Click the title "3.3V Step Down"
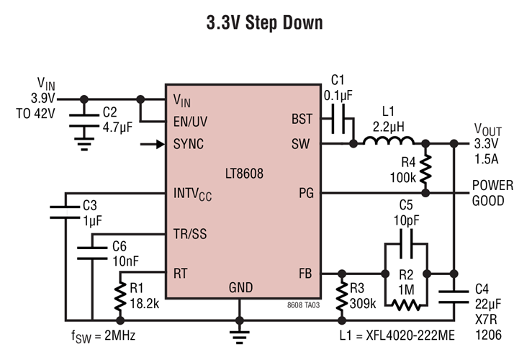(x=265, y=22)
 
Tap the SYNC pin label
(x=189, y=144)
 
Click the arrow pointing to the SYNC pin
(x=151, y=144)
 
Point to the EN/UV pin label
(x=193, y=121)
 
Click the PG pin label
(x=305, y=193)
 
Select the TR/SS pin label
(x=191, y=234)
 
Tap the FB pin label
(x=305, y=274)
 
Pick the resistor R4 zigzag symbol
(x=427, y=168)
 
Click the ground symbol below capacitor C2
(x=85, y=143)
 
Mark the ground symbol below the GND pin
(x=239, y=333)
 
